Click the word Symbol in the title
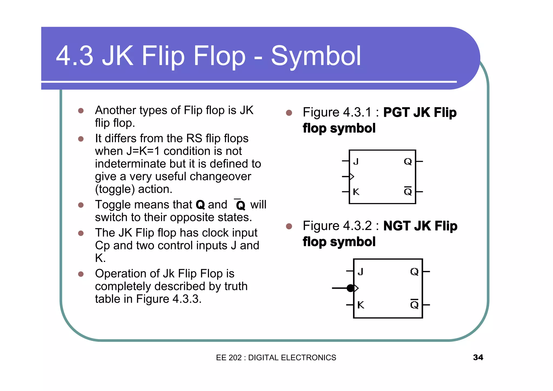pos(316,56)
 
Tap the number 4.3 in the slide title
pos(75,56)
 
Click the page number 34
pos(478,357)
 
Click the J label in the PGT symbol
pos(356,161)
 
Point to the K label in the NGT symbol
pos(360,305)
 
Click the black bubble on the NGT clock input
pos(350,288)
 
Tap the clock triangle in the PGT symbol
pos(352,177)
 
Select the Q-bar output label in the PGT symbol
pos(408,191)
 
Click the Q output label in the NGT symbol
pos(414,271)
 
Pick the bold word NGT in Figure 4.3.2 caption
pos(397,226)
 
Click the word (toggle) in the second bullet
pos(115,189)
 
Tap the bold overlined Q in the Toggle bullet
pos(240,205)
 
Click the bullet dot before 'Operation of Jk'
pos(81,274)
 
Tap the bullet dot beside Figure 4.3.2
pos(289,226)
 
